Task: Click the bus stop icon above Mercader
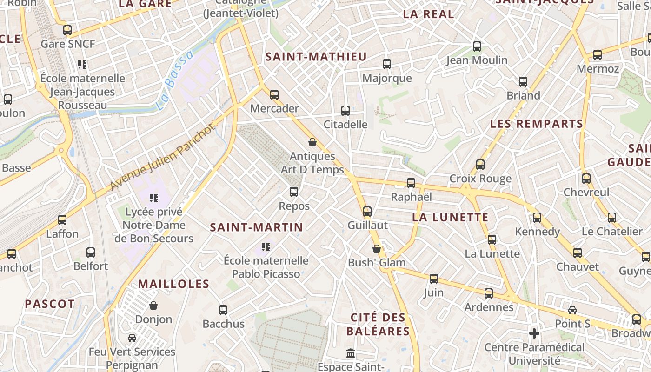(x=274, y=95)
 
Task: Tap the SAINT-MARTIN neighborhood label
(x=256, y=227)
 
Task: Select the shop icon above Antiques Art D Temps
(x=312, y=142)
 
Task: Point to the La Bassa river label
(x=174, y=80)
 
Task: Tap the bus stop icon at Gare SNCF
(x=67, y=30)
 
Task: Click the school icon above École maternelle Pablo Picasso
(x=266, y=246)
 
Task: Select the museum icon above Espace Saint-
(x=351, y=353)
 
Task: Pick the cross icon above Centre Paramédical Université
(x=534, y=333)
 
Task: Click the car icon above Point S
(x=572, y=310)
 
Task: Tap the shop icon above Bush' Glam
(x=377, y=249)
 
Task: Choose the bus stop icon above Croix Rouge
(x=480, y=165)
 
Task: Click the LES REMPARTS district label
(x=536, y=124)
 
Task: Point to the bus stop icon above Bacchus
(x=223, y=310)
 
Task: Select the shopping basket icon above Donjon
(x=153, y=306)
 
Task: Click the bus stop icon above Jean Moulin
(x=477, y=46)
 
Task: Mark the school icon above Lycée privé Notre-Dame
(x=154, y=198)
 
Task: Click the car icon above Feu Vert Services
(x=132, y=338)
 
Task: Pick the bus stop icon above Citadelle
(x=345, y=111)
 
